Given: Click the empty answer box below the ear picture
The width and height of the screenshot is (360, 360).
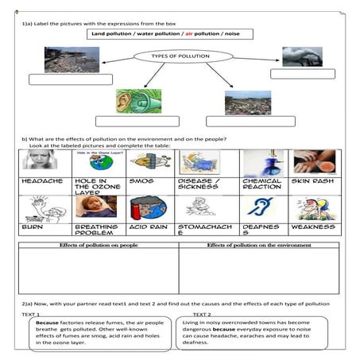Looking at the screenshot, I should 126,122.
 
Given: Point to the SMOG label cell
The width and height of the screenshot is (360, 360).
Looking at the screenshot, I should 140,180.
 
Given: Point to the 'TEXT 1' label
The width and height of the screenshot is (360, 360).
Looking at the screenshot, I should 33,315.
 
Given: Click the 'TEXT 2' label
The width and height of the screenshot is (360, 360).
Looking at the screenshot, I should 202,315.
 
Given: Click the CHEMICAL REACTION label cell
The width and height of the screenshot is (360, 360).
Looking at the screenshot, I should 261,184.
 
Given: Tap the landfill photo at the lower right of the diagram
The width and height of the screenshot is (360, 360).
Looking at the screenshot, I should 247,102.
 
